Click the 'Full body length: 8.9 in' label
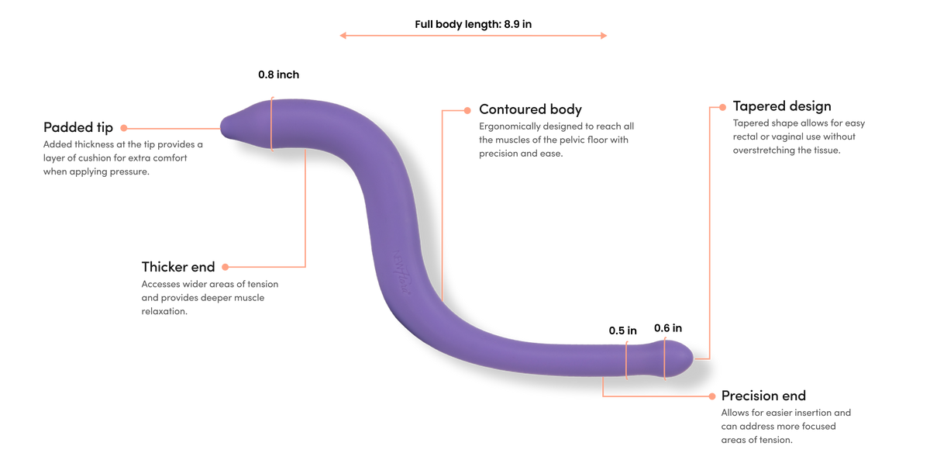pos(474,24)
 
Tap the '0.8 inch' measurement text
pos(278,74)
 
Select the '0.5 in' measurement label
pos(623,330)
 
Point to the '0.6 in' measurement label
pos(668,328)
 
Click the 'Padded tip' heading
pos(78,127)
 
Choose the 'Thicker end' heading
pos(178,267)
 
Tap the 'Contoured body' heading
pos(530,109)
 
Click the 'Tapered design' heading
pos(782,106)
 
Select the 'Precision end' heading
pos(763,396)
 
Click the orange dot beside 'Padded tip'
pos(124,128)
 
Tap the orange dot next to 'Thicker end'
pos(226,267)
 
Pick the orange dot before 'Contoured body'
pos(467,110)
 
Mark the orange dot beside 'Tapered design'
pos(722,107)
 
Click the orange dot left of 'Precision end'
pos(712,396)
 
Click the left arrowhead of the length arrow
pos(343,36)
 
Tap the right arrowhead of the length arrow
pos(604,36)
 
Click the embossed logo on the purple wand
pos(402,272)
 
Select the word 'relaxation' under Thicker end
pos(164,311)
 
